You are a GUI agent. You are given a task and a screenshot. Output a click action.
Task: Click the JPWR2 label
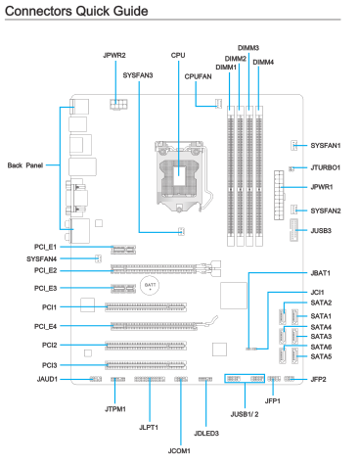114,56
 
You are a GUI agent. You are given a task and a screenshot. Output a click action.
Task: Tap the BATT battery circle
150,286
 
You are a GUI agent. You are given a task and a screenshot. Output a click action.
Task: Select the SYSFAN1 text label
326,146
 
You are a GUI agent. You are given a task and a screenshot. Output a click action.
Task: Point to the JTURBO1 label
325,167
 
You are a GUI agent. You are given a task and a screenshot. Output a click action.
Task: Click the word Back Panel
25,165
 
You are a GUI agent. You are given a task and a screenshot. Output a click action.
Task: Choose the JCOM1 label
179,451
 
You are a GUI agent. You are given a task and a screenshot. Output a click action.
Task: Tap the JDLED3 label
206,434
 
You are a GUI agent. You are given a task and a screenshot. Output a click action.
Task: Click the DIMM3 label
248,48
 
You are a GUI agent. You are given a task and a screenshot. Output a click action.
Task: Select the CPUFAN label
198,76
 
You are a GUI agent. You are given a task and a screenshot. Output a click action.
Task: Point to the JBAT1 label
320,273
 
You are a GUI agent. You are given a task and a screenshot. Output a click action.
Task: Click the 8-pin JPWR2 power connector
118,105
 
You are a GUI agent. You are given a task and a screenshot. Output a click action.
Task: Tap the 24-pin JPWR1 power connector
279,195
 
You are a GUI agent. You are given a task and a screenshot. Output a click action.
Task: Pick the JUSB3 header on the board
293,230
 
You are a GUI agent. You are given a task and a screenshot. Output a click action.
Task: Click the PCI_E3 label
45,289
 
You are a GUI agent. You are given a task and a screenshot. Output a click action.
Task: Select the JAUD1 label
47,379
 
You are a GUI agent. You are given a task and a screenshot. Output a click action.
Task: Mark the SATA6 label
321,347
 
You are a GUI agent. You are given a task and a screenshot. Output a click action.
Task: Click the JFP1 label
272,401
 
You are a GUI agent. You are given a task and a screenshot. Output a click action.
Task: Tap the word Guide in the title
130,11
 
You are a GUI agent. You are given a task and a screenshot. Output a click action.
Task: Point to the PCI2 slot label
49,346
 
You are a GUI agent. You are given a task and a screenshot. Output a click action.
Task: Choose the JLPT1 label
149,428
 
